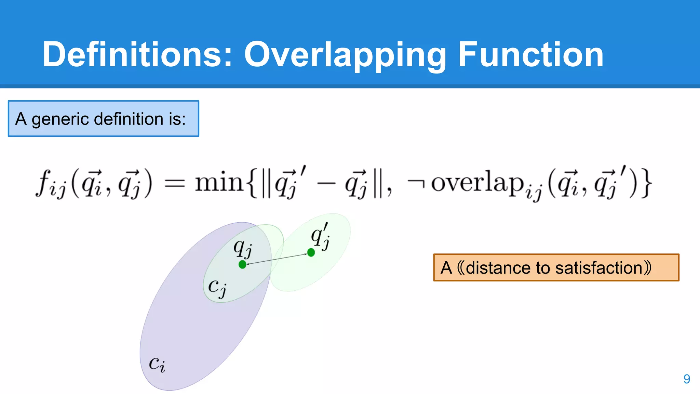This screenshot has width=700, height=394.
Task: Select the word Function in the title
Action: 530,55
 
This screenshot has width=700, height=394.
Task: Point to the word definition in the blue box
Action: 129,119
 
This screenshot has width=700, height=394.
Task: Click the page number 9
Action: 687,379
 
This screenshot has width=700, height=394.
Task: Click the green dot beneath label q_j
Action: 242,264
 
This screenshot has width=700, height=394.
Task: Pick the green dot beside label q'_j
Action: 311,253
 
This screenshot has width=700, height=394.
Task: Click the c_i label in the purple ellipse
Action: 157,364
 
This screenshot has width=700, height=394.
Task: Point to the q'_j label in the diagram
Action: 320,237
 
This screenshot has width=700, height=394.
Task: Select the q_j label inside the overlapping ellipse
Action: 243,248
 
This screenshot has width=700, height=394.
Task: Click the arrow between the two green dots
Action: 277,259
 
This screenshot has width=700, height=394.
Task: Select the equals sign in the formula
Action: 175,184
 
